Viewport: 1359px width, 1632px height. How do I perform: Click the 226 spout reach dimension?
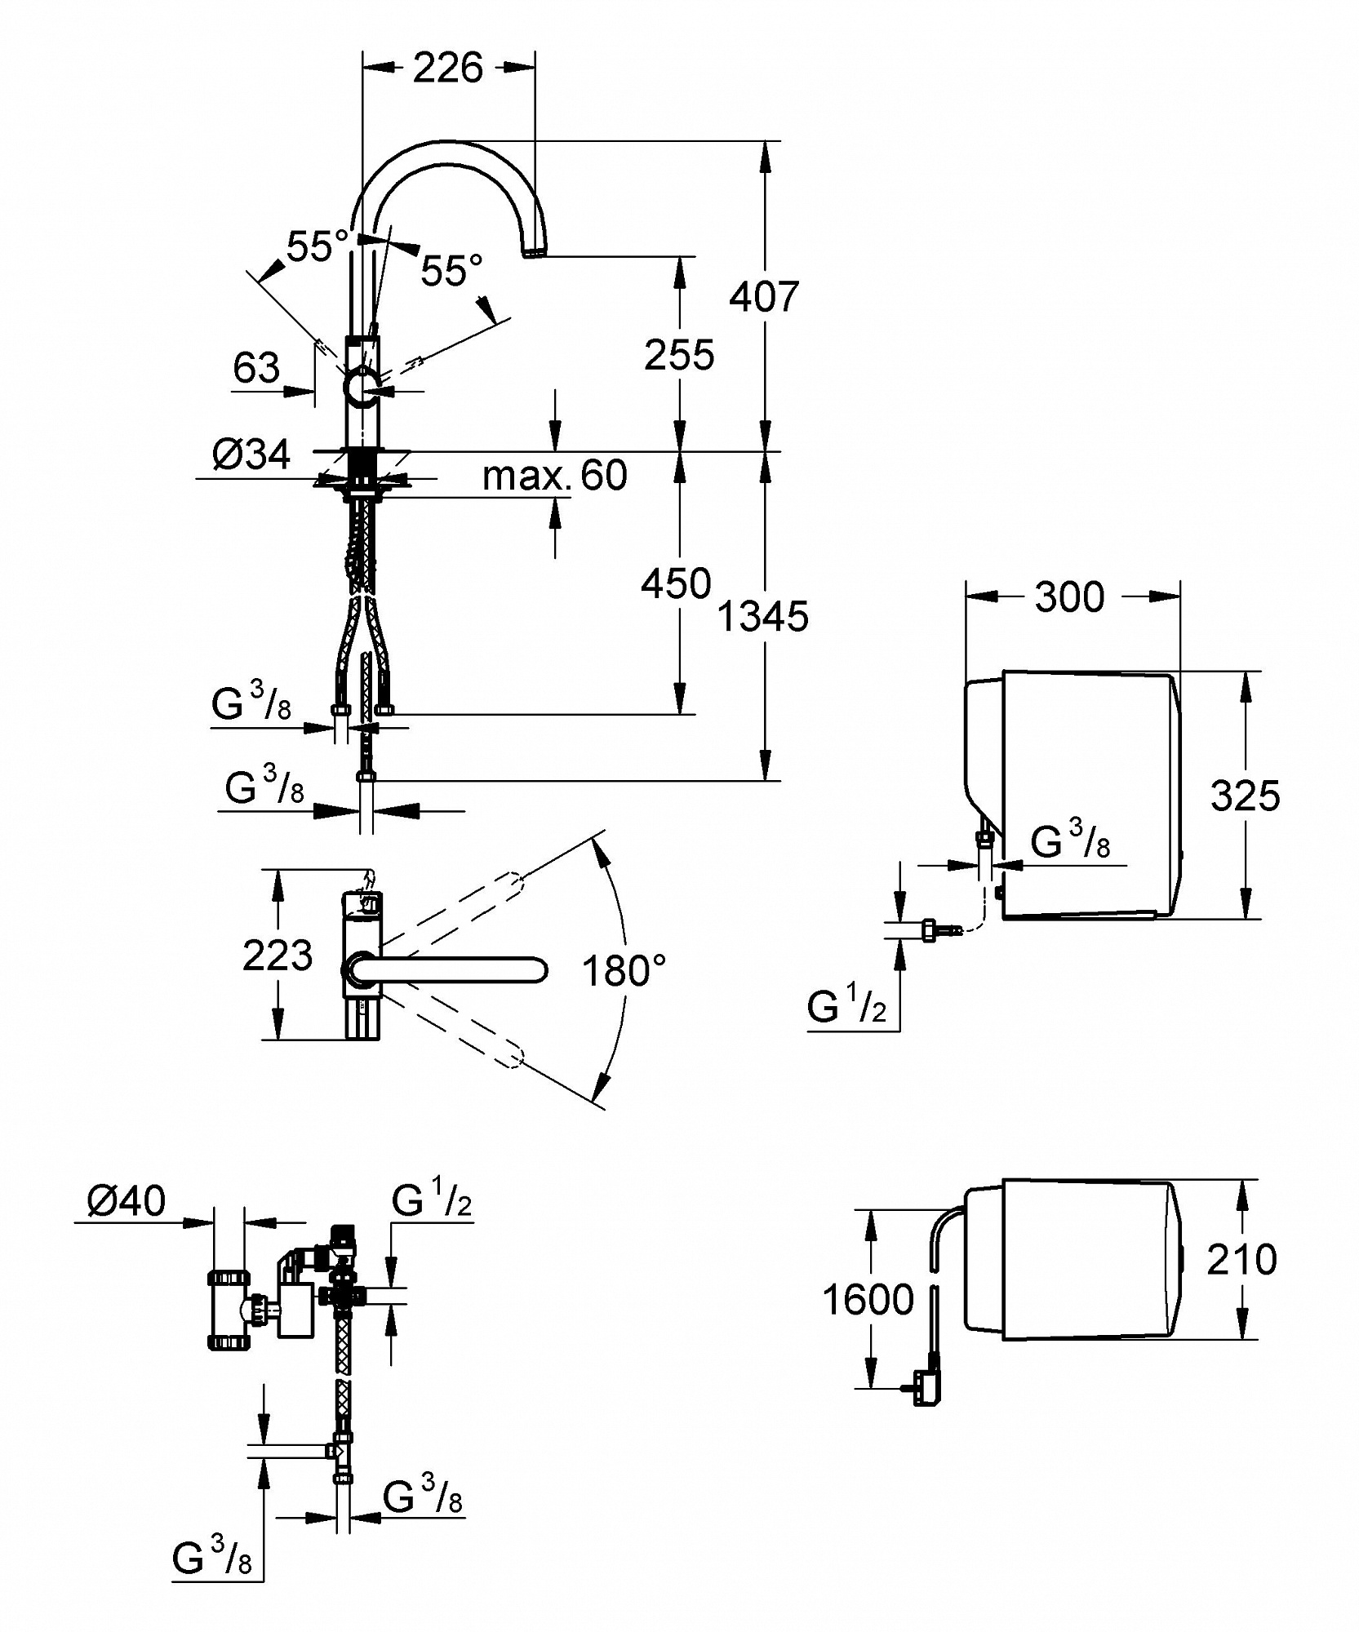tap(448, 68)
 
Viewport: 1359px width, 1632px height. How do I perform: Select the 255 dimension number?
tap(679, 355)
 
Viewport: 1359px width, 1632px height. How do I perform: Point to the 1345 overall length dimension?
tap(763, 617)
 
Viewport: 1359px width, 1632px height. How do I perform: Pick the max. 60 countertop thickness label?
tap(555, 475)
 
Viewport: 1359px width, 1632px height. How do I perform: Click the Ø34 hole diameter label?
tap(251, 454)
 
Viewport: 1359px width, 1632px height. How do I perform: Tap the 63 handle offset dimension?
tap(256, 368)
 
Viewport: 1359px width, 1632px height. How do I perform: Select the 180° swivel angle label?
tap(624, 972)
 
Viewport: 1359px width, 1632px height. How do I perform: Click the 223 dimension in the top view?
tap(278, 956)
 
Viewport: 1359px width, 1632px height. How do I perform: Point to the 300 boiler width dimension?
tap(1069, 597)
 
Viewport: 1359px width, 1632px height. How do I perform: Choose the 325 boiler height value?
tap(1246, 796)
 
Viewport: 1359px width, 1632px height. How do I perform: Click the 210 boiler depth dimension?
tap(1242, 1260)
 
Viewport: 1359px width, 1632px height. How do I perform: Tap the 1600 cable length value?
tap(868, 1299)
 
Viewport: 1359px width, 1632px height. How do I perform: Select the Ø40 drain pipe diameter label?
tap(126, 1200)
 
